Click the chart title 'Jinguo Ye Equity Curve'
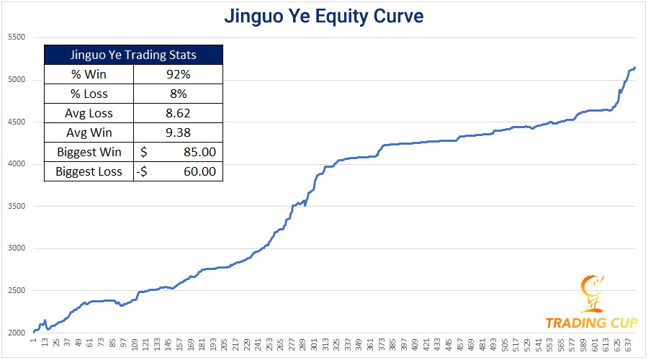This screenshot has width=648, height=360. coord(323,16)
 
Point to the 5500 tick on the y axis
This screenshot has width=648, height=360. coord(15,37)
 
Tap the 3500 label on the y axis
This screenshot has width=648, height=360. coord(15,207)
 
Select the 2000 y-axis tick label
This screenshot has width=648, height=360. coord(15,333)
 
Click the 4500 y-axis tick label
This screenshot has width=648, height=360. coord(15,122)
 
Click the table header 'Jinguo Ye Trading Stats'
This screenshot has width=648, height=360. coord(133,55)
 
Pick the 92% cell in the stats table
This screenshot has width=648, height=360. coord(178,73)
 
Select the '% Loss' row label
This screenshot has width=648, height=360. coord(90,94)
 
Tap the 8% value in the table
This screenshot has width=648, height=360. coord(178,94)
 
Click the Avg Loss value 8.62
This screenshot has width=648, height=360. coord(178,113)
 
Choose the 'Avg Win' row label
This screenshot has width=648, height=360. coord(90,132)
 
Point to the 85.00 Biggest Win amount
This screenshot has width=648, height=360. coord(199,152)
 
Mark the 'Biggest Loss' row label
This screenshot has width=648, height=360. coord(90,172)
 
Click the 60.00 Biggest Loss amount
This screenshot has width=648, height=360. coord(199,172)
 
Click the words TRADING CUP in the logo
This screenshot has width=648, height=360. coord(590,323)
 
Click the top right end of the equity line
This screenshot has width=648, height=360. coord(634,67)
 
